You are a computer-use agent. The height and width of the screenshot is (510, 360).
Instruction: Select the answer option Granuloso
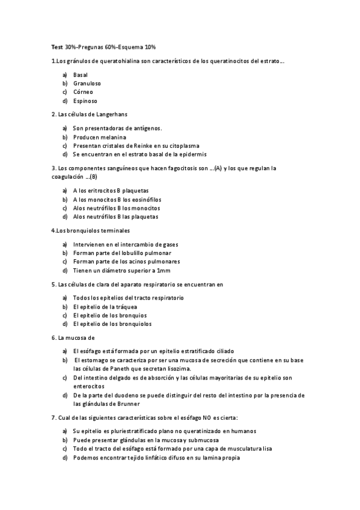pyautogui.click(x=87, y=84)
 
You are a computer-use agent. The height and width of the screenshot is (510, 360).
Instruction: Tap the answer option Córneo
pyautogui.click(x=83, y=92)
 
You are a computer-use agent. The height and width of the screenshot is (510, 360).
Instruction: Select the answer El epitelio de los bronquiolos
pyautogui.click(x=112, y=324)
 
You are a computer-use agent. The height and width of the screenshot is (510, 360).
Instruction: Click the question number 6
pyautogui.click(x=53, y=338)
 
